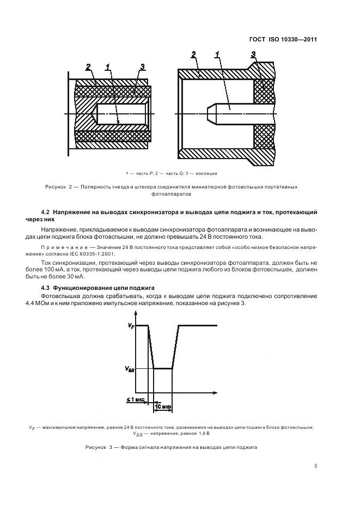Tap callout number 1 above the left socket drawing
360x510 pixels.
(x=108, y=67)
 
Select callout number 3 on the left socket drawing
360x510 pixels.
(x=142, y=67)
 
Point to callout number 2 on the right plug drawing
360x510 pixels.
(x=194, y=54)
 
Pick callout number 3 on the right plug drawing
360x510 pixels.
(x=253, y=54)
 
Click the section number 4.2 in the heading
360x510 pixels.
(x=47, y=211)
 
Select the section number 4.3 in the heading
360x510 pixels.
(x=47, y=287)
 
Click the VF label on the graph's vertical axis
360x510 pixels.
(x=130, y=326)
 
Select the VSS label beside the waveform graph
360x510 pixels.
(x=129, y=368)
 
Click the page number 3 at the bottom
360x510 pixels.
(x=315, y=465)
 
